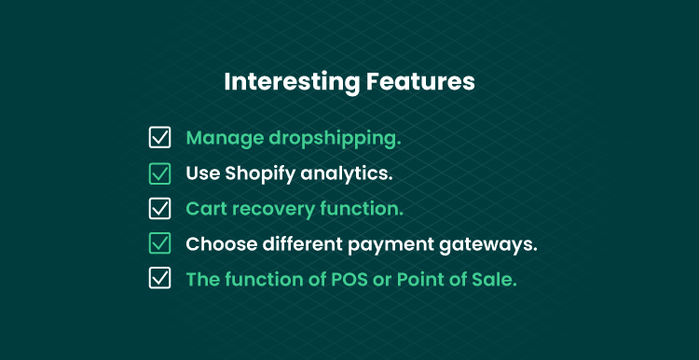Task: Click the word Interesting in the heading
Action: coord(292,82)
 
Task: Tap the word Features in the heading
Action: coord(420,82)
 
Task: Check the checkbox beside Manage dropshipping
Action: coord(159,137)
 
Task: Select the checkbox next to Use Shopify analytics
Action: coord(159,173)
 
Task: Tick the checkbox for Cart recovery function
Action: coord(159,208)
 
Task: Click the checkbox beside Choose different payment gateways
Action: coord(159,243)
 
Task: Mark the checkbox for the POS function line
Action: coord(159,278)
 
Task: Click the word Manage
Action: coord(225,139)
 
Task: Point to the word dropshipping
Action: coord(335,139)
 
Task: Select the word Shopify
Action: coord(260,174)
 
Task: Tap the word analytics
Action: coord(347,174)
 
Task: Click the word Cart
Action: coord(206,209)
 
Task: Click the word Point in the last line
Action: coord(417,279)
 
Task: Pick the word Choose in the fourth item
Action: coord(222,243)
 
